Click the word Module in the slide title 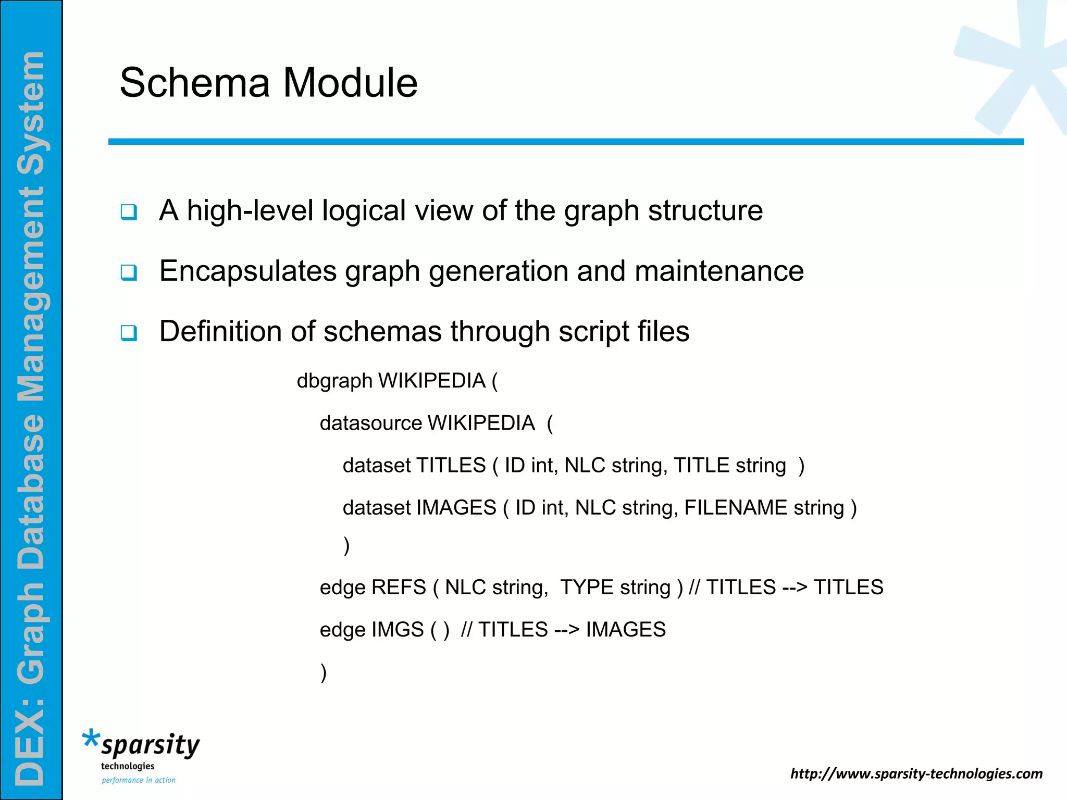pos(350,83)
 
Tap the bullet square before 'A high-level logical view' pos(129,212)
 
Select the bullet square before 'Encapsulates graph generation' pos(129,272)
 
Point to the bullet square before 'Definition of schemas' pos(129,333)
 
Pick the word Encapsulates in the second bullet pos(247,271)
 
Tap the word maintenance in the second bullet pos(719,271)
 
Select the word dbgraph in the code pos(334,381)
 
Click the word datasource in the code pos(370,423)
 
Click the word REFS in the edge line pos(399,587)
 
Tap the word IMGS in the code pos(398,630)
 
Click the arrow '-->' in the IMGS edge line pos(567,630)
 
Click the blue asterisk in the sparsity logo pos(91,739)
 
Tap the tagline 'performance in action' pos(139,780)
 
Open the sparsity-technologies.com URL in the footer pos(916,774)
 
